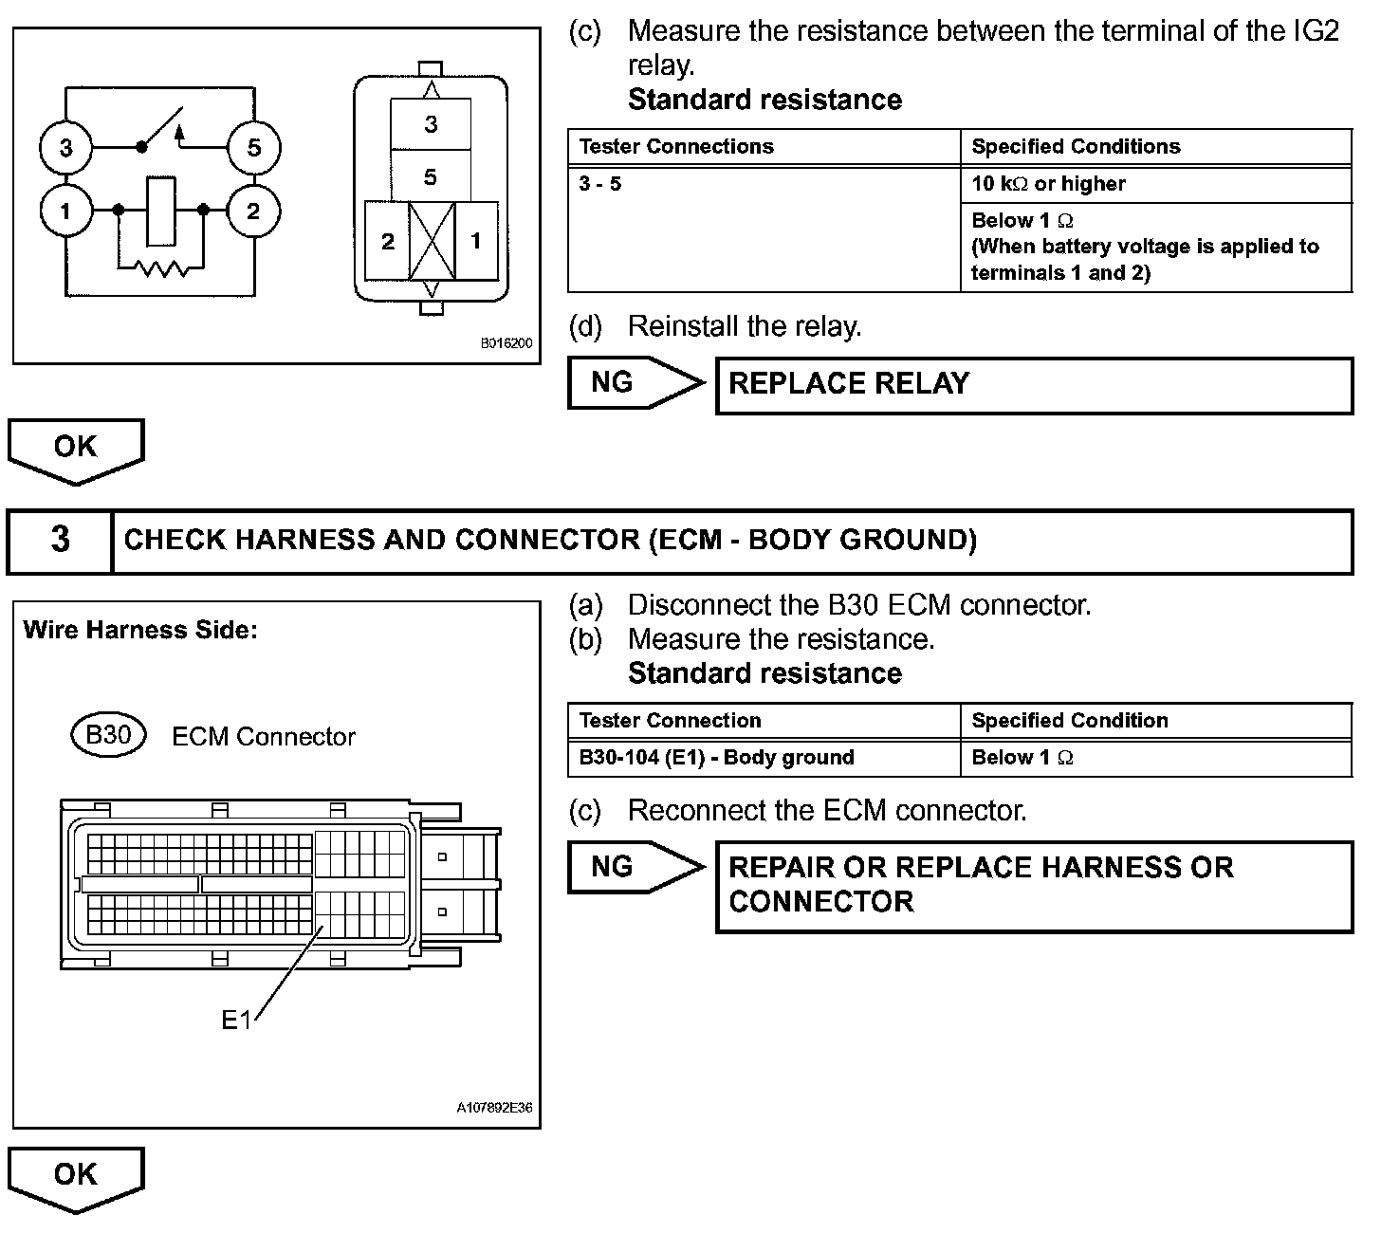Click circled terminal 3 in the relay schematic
(65, 148)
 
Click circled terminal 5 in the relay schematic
(253, 148)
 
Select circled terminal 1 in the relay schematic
(65, 211)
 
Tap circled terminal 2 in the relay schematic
(253, 211)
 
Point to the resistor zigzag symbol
(161, 269)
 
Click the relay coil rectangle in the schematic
(160, 211)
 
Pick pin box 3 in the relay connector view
(431, 124)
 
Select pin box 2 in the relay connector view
(388, 242)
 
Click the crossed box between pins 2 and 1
(432, 242)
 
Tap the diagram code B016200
(506, 343)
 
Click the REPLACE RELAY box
(1034, 384)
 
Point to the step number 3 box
(60, 541)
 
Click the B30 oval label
(109, 735)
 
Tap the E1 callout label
(236, 1020)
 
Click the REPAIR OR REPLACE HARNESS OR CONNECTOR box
(1034, 885)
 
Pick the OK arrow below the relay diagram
(76, 450)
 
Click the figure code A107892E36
(494, 1108)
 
